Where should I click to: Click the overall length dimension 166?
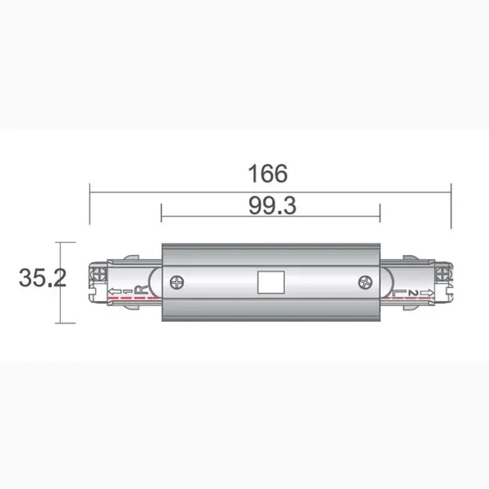(269, 173)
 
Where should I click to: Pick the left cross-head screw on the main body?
(178, 283)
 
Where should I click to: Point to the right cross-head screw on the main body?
(365, 284)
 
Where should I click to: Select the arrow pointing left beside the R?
(116, 291)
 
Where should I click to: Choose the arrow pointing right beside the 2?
(427, 292)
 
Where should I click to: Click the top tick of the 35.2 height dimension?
(65, 243)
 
